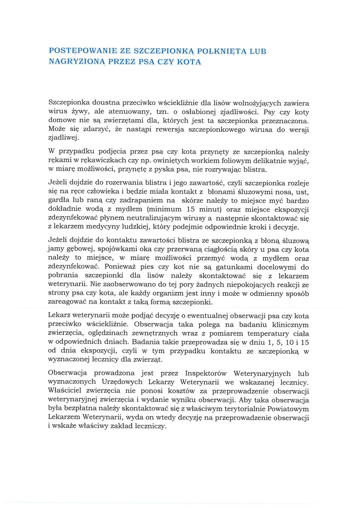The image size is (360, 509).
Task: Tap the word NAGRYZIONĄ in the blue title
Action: click(77, 62)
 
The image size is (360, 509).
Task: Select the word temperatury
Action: click(268, 334)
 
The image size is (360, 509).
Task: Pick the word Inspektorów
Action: click(205, 374)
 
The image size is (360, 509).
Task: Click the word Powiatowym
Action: click(288, 409)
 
